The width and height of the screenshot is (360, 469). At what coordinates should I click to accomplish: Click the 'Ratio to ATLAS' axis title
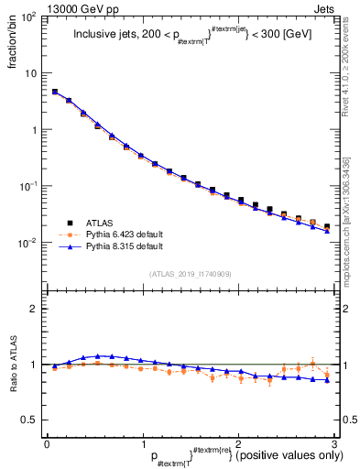point(12,365)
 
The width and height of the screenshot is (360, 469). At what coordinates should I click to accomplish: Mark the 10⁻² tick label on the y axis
point(29,243)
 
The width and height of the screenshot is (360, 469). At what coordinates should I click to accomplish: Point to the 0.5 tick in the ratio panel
point(31,420)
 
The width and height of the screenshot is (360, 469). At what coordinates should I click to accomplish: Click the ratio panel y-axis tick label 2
point(35,309)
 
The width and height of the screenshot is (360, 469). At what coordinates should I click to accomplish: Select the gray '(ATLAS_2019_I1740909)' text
point(190,273)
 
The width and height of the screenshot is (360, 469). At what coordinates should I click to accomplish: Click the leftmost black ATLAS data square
point(55,92)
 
